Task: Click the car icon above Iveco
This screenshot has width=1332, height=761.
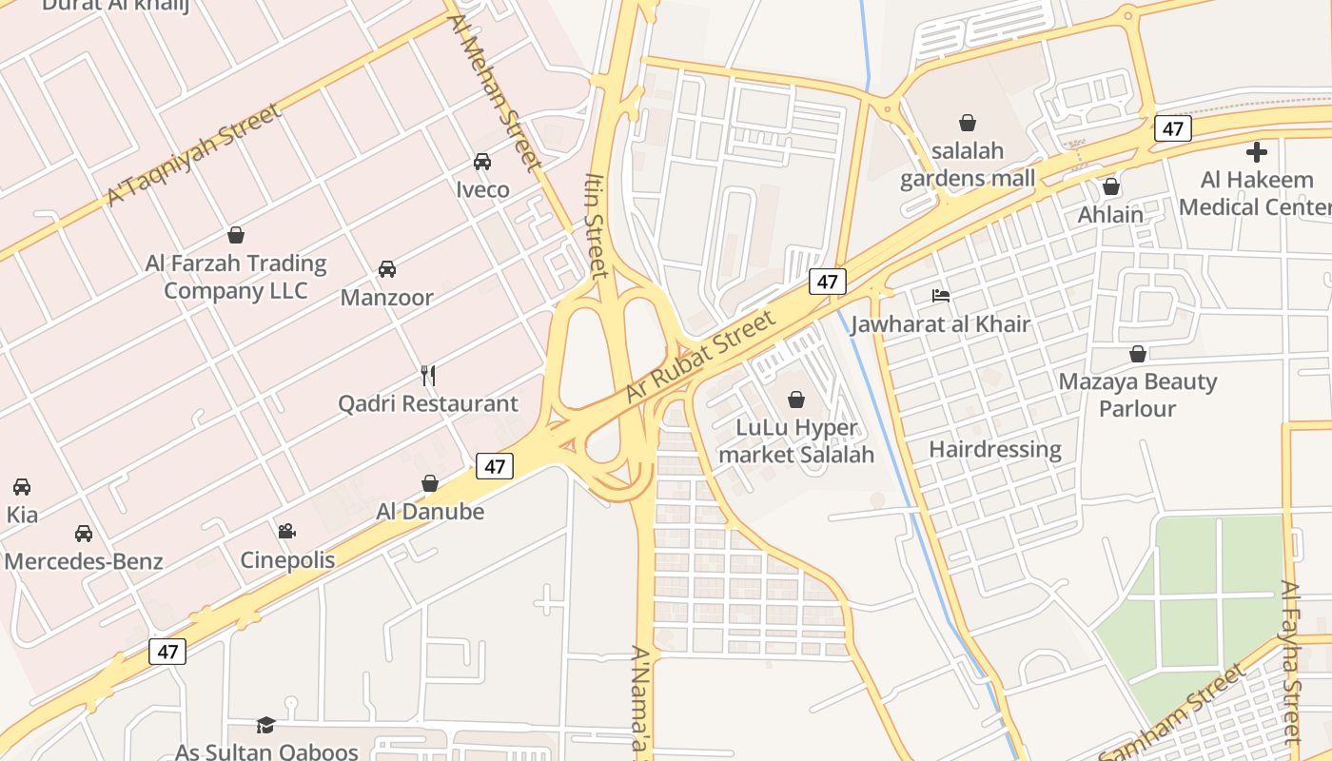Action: coord(482,162)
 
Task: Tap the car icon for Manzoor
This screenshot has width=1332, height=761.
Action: coord(387,269)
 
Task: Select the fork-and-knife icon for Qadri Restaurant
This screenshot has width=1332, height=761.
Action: coord(428,376)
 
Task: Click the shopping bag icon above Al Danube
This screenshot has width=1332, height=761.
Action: coord(430,484)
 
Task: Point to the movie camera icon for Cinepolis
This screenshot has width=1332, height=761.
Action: coord(286,532)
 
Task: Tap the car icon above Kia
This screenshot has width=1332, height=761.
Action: coord(22,487)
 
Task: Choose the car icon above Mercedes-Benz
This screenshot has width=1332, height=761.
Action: coord(84,534)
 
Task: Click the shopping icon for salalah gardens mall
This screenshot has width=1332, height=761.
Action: coord(968,123)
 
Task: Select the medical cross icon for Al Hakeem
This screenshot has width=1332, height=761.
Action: coord(1257,152)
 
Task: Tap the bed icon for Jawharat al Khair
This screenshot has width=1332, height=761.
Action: coord(940,296)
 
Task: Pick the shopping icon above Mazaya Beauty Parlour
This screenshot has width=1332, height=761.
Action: coord(1137,355)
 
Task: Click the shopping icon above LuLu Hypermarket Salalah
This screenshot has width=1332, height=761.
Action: coord(796,400)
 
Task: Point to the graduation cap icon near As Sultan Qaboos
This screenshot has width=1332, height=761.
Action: coord(265,725)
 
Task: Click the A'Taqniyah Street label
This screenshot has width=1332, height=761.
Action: coord(195,154)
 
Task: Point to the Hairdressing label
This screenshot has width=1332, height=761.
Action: coord(994,449)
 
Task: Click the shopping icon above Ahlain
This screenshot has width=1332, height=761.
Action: coord(1110,187)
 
